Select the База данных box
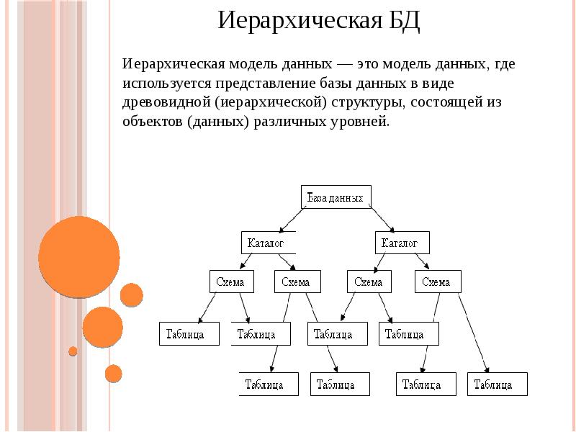click(336, 197)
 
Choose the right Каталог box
click(402, 243)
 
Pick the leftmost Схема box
click(230, 282)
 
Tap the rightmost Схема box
click(436, 282)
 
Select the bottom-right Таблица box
click(497, 384)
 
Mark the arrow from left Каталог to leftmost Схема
click(244, 261)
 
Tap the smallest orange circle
click(73, 351)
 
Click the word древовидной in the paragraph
click(166, 102)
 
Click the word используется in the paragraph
click(162, 83)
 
